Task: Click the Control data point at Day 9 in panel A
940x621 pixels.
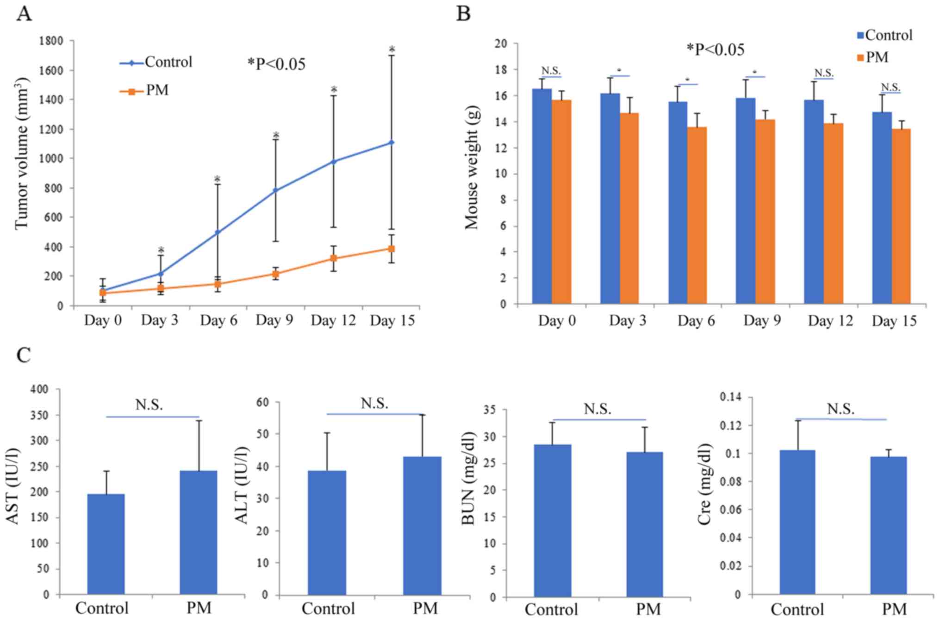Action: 276,190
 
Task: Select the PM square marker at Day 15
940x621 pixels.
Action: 392,249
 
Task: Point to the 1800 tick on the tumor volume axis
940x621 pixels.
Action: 51,41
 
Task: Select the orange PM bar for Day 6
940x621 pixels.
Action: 697,215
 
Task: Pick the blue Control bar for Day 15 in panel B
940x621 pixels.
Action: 882,208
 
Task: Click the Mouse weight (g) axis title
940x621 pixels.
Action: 472,168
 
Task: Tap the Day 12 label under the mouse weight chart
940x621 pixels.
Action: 830,321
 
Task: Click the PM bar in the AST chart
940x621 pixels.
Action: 199,532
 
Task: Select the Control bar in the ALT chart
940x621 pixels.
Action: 327,532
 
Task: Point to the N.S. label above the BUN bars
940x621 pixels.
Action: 598,409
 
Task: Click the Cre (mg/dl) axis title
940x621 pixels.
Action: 704,484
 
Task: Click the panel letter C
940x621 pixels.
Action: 24,355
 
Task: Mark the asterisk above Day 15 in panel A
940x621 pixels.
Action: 392,50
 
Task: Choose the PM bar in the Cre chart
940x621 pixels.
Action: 888,525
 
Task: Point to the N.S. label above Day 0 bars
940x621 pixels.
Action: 551,71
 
